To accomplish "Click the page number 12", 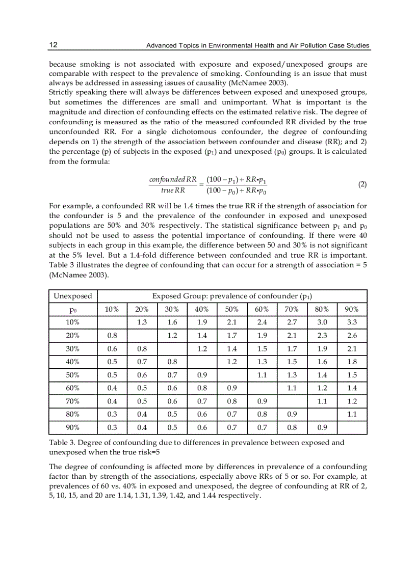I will (53, 45).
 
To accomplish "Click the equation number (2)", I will (362, 184).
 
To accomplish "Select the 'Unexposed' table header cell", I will (73, 296).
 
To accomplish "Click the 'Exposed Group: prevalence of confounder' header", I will (232, 296).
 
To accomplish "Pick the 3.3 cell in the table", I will (352, 322).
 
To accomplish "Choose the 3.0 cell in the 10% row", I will (322, 322).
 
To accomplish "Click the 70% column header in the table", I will (292, 309).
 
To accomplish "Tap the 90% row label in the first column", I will (73, 427).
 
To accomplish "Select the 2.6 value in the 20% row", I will (352, 336).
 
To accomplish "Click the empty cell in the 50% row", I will (232, 375).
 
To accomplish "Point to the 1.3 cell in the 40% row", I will (262, 362).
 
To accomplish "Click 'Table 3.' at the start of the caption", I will (61, 443).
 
